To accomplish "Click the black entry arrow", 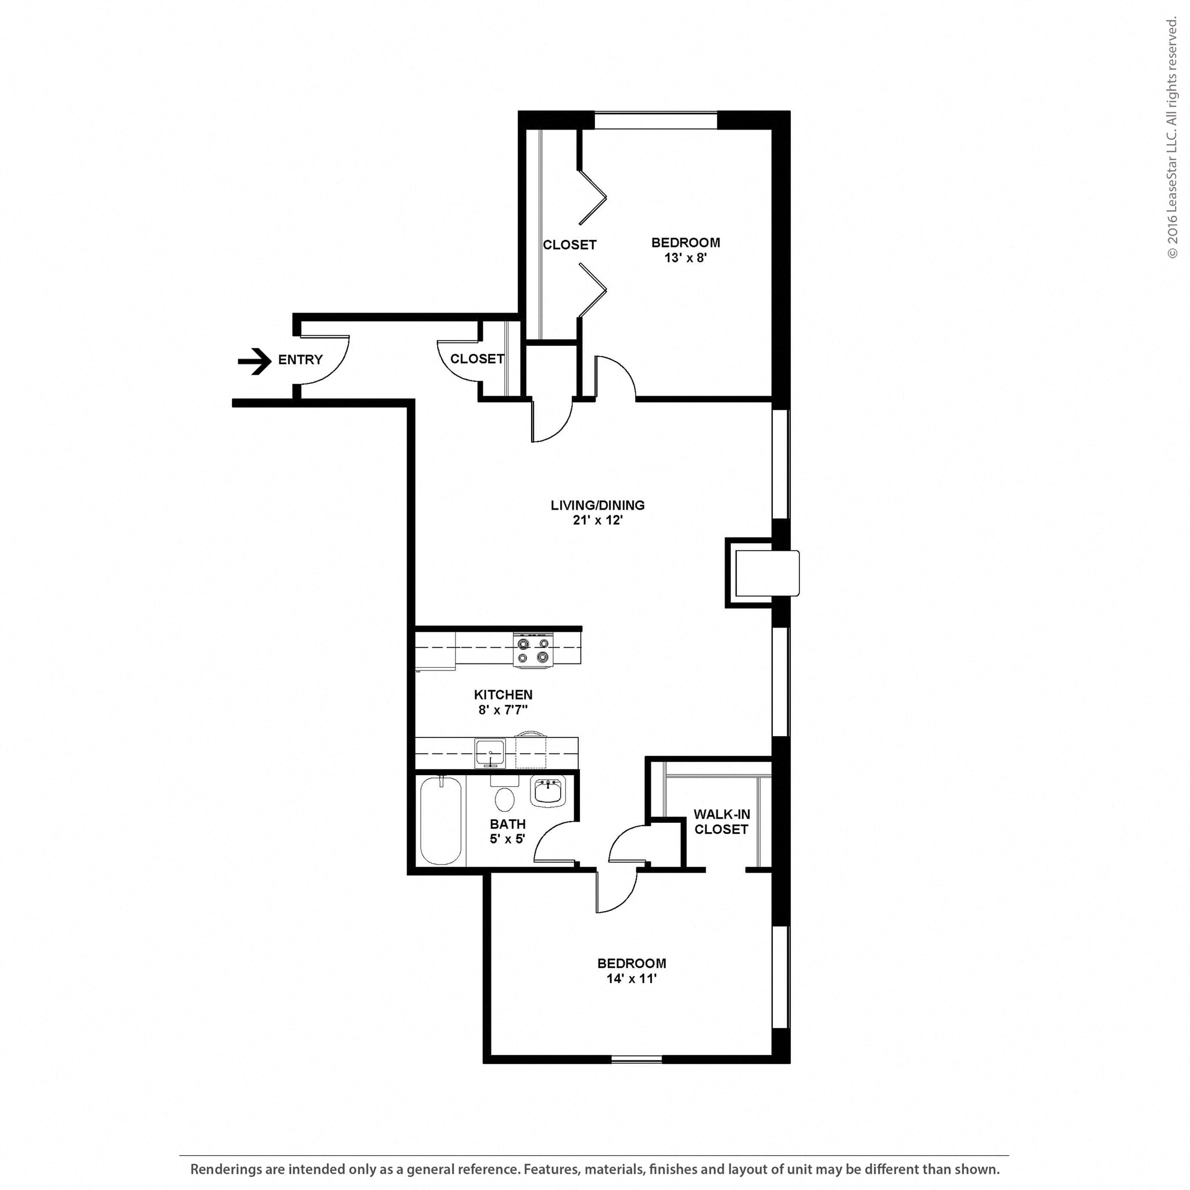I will pyautogui.click(x=255, y=361).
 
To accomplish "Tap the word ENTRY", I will pyautogui.click(x=300, y=360).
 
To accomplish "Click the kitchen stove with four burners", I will pyautogui.click(x=533, y=650).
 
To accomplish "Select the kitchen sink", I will pyautogui.click(x=490, y=753).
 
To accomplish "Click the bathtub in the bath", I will pyautogui.click(x=440, y=821).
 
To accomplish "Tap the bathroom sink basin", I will pyautogui.click(x=547, y=791).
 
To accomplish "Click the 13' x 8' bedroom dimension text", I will pyautogui.click(x=685, y=258).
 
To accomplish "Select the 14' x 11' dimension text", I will pyautogui.click(x=632, y=978).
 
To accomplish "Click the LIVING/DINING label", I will pyautogui.click(x=597, y=505).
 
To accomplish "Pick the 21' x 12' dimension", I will pyautogui.click(x=597, y=521).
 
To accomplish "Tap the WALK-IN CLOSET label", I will pyautogui.click(x=721, y=822).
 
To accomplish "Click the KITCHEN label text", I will pyautogui.click(x=503, y=694).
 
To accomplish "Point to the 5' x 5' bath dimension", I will pyautogui.click(x=507, y=839).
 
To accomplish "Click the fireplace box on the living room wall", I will pyautogui.click(x=766, y=573).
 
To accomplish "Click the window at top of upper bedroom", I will pyautogui.click(x=655, y=120).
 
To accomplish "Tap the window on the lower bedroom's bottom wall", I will pyautogui.click(x=636, y=1059).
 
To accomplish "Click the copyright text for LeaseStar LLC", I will pyautogui.click(x=1171, y=139).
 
